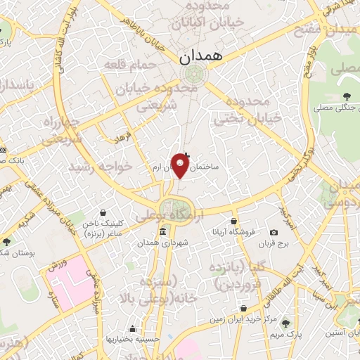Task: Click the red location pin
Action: (x=181, y=166)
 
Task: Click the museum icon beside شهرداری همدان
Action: (x=162, y=232)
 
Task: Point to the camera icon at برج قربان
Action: (x=274, y=232)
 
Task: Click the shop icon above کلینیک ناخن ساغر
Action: (x=103, y=212)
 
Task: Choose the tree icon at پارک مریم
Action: (x=285, y=323)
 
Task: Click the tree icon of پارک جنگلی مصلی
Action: (x=345, y=96)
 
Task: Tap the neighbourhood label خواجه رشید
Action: (x=100, y=167)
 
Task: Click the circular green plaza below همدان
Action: (x=190, y=73)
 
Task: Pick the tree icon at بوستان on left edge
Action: (x=6, y=241)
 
